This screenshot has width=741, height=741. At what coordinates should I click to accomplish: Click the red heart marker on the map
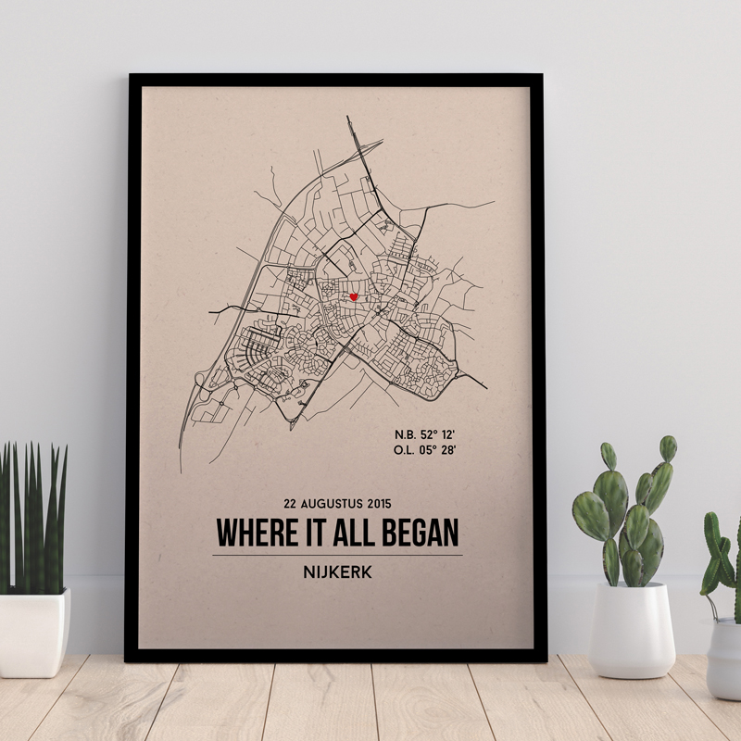coord(354,297)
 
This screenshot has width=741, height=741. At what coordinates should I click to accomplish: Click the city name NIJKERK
coord(337,572)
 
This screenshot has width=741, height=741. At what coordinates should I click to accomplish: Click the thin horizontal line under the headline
coord(337,555)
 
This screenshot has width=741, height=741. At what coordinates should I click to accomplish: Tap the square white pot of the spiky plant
coord(33,632)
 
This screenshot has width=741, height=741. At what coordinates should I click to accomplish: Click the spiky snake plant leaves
coord(33,519)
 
